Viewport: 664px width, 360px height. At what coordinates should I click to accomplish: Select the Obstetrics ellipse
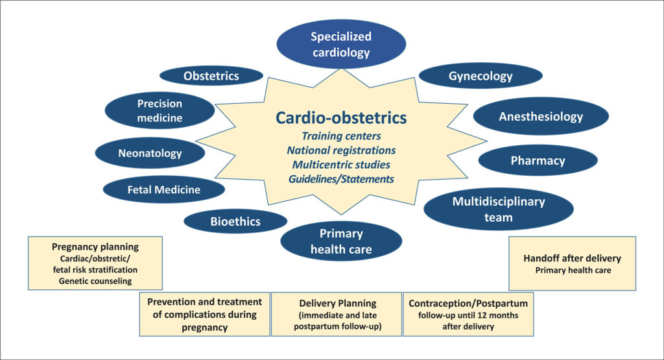point(211,76)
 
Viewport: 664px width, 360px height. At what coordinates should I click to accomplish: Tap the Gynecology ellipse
point(480,76)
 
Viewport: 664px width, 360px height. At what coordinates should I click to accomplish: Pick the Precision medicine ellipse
point(160,110)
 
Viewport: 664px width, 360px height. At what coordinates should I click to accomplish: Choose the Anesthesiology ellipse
point(541,117)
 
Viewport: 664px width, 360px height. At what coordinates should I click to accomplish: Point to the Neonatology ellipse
point(150,154)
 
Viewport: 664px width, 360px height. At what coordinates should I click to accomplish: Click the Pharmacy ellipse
point(538,160)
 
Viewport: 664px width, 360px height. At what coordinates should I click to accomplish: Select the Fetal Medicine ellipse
point(163,189)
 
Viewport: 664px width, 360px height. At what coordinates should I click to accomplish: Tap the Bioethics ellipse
point(235,221)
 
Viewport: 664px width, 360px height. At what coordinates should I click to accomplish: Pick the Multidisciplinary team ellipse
point(498,209)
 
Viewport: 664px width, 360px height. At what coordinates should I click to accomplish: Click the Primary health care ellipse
point(341,241)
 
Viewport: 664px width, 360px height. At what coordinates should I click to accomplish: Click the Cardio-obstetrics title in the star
point(341,117)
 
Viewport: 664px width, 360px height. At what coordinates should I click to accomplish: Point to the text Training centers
point(341,136)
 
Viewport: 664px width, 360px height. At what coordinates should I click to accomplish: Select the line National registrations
point(341,150)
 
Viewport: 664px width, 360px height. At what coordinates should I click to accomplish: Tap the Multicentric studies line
point(341,164)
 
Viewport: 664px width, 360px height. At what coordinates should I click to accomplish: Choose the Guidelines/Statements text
point(341,178)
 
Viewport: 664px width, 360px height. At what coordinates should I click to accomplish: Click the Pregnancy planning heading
point(95,247)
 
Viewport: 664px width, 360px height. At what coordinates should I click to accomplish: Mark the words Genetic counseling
point(95,280)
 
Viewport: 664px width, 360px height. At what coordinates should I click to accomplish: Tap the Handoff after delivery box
point(572,263)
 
